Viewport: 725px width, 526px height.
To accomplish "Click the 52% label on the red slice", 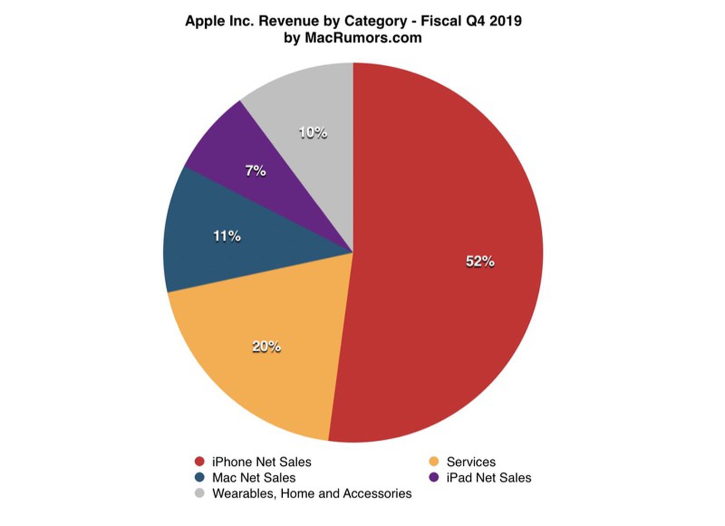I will (480, 262).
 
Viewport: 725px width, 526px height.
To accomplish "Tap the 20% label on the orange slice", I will (266, 346).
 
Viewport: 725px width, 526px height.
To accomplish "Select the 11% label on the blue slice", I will (227, 236).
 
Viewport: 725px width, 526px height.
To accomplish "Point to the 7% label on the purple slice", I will (255, 171).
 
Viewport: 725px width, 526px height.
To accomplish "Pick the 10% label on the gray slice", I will (313, 133).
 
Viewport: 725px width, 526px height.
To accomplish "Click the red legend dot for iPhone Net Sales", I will (199, 462).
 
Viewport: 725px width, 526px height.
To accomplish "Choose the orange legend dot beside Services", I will (434, 462).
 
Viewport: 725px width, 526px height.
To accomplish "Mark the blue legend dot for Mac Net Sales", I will (199, 477).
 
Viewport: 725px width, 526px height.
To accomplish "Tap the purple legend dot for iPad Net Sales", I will (434, 477).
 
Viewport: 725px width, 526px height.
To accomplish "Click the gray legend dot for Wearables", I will (199, 493).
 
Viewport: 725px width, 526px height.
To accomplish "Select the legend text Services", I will (471, 462).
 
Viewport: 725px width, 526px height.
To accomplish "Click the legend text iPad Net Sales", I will (488, 477).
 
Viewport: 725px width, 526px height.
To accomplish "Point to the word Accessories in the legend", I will (377, 493).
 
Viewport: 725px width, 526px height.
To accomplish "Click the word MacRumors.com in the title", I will (363, 38).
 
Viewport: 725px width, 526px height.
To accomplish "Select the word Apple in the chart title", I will (203, 21).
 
